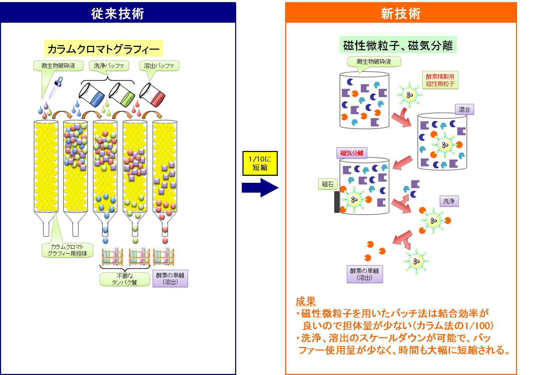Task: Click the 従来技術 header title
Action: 118,13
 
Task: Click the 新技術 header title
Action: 400,13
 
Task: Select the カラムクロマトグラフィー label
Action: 103,49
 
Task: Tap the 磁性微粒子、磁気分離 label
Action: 398,46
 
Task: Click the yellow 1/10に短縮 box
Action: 260,163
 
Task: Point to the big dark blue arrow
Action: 260,188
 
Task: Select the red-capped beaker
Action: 152,94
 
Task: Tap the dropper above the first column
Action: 56,88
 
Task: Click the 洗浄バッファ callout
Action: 109,66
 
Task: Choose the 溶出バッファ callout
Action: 159,66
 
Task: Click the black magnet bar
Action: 337,202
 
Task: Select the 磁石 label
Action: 327,184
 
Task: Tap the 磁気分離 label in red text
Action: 352,153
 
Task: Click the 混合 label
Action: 464,110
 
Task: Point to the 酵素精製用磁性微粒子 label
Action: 440,80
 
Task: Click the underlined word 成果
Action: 306,301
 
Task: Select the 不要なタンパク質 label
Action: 125,279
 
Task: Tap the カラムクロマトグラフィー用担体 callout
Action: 67,250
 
